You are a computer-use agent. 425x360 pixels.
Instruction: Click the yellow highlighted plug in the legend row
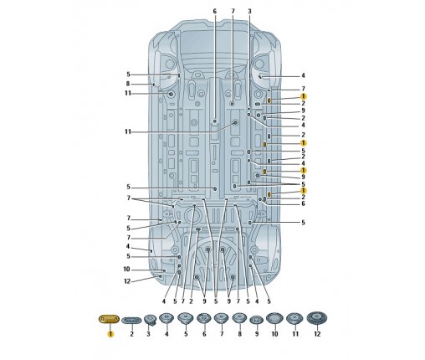point(109,319)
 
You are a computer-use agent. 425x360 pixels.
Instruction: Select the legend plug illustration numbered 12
point(317,318)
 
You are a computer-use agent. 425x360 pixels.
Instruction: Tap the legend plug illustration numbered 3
point(150,320)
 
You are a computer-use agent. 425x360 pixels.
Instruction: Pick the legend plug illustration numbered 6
point(204,318)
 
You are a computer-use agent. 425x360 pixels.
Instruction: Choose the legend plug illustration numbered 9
point(257,320)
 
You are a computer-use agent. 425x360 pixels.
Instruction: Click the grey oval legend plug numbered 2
point(131,320)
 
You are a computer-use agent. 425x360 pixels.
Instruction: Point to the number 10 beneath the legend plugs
point(274,334)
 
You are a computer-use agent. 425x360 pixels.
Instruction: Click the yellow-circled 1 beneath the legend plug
point(110,334)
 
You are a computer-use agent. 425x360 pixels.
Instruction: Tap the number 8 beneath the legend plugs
point(239,334)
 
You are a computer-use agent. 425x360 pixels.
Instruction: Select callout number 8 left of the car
point(128,84)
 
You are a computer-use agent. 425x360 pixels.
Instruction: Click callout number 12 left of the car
point(127,281)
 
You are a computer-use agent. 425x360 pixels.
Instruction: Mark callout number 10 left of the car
point(126,270)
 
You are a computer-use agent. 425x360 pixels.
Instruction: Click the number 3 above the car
point(249,12)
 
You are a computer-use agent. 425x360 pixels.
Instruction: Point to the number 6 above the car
point(215,12)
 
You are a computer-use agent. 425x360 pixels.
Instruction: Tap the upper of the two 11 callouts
point(128,93)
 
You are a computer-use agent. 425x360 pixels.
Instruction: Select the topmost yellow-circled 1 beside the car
point(303,96)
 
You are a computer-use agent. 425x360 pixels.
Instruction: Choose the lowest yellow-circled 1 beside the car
point(303,191)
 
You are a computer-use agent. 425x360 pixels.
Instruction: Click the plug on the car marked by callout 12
point(161,276)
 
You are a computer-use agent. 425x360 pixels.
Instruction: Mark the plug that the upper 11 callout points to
point(171,95)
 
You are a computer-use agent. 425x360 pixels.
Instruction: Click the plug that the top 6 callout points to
point(215,121)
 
